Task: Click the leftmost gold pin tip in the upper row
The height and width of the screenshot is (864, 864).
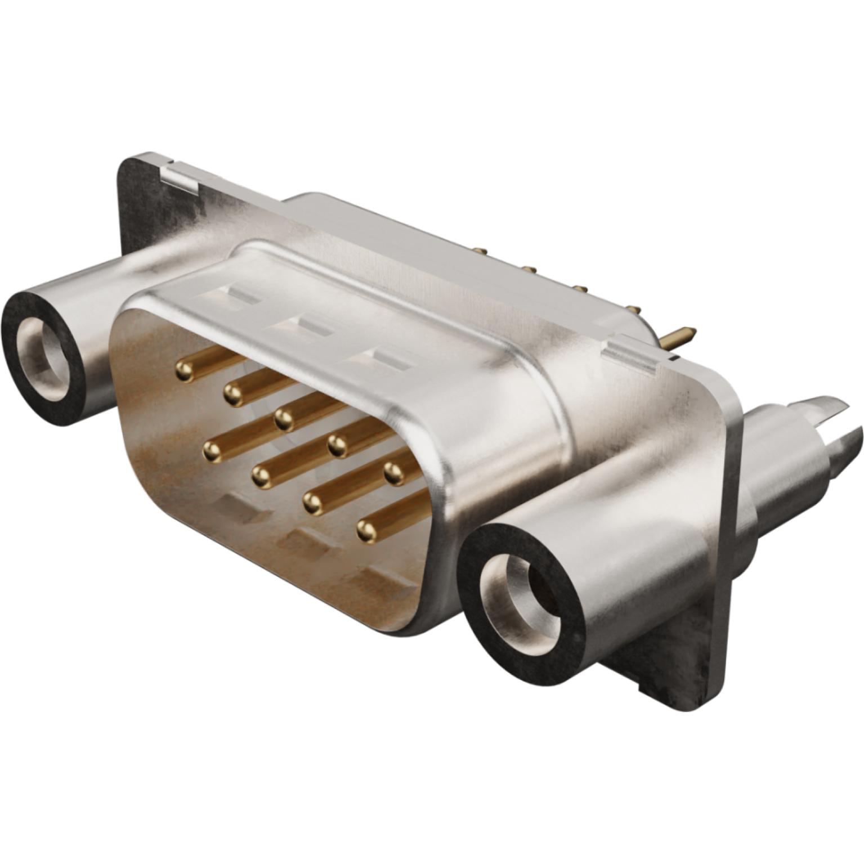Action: [x=183, y=370]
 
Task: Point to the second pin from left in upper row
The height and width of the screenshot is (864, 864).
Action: [x=232, y=393]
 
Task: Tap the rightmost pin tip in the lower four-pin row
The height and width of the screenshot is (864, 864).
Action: [x=366, y=529]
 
